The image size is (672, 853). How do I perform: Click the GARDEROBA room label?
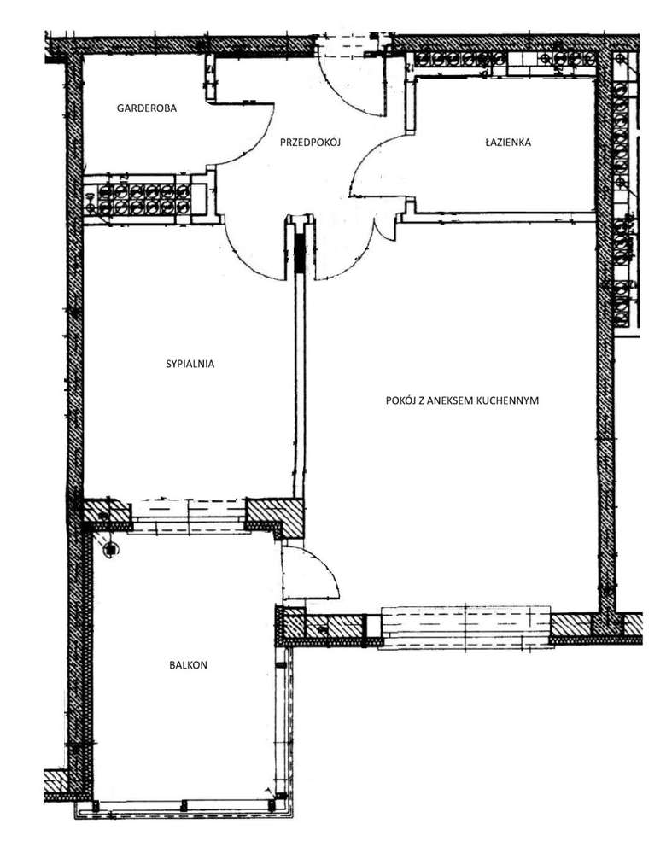pos(146,108)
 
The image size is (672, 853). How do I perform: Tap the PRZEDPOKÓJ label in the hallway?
pos(310,143)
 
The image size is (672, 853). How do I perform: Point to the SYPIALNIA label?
pos(190,363)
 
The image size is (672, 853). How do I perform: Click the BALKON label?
pos(189,664)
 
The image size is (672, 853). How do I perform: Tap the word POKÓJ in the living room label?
pos(400,399)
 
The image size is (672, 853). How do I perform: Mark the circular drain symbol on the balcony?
pos(111,551)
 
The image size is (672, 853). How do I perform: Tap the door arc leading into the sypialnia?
pos(252,256)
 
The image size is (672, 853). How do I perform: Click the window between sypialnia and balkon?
pos(189,515)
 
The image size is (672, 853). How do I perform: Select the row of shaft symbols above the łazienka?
pos(504,61)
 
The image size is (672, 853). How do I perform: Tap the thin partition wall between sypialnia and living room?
pos(299,384)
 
